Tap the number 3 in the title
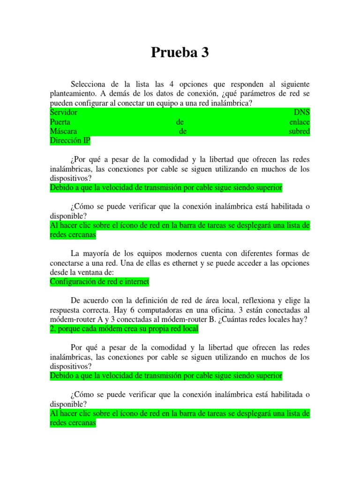click(x=204, y=53)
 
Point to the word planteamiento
click(x=72, y=94)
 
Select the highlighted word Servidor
click(x=63, y=112)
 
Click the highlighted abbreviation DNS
click(x=301, y=112)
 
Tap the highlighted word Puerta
click(x=60, y=122)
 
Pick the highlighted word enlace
click(x=300, y=122)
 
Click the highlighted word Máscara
click(x=63, y=131)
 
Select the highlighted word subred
click(x=300, y=131)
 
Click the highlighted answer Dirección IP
click(x=70, y=141)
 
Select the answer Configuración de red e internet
click(x=99, y=282)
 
